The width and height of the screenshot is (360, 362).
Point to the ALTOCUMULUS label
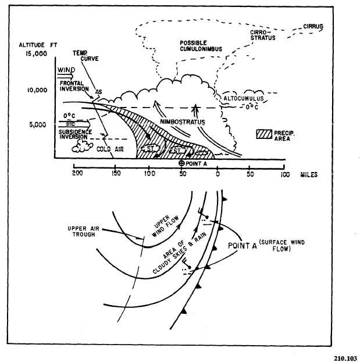click(244, 99)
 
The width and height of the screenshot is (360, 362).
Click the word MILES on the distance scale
click(308, 175)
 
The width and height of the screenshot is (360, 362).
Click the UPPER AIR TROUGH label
click(87, 230)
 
